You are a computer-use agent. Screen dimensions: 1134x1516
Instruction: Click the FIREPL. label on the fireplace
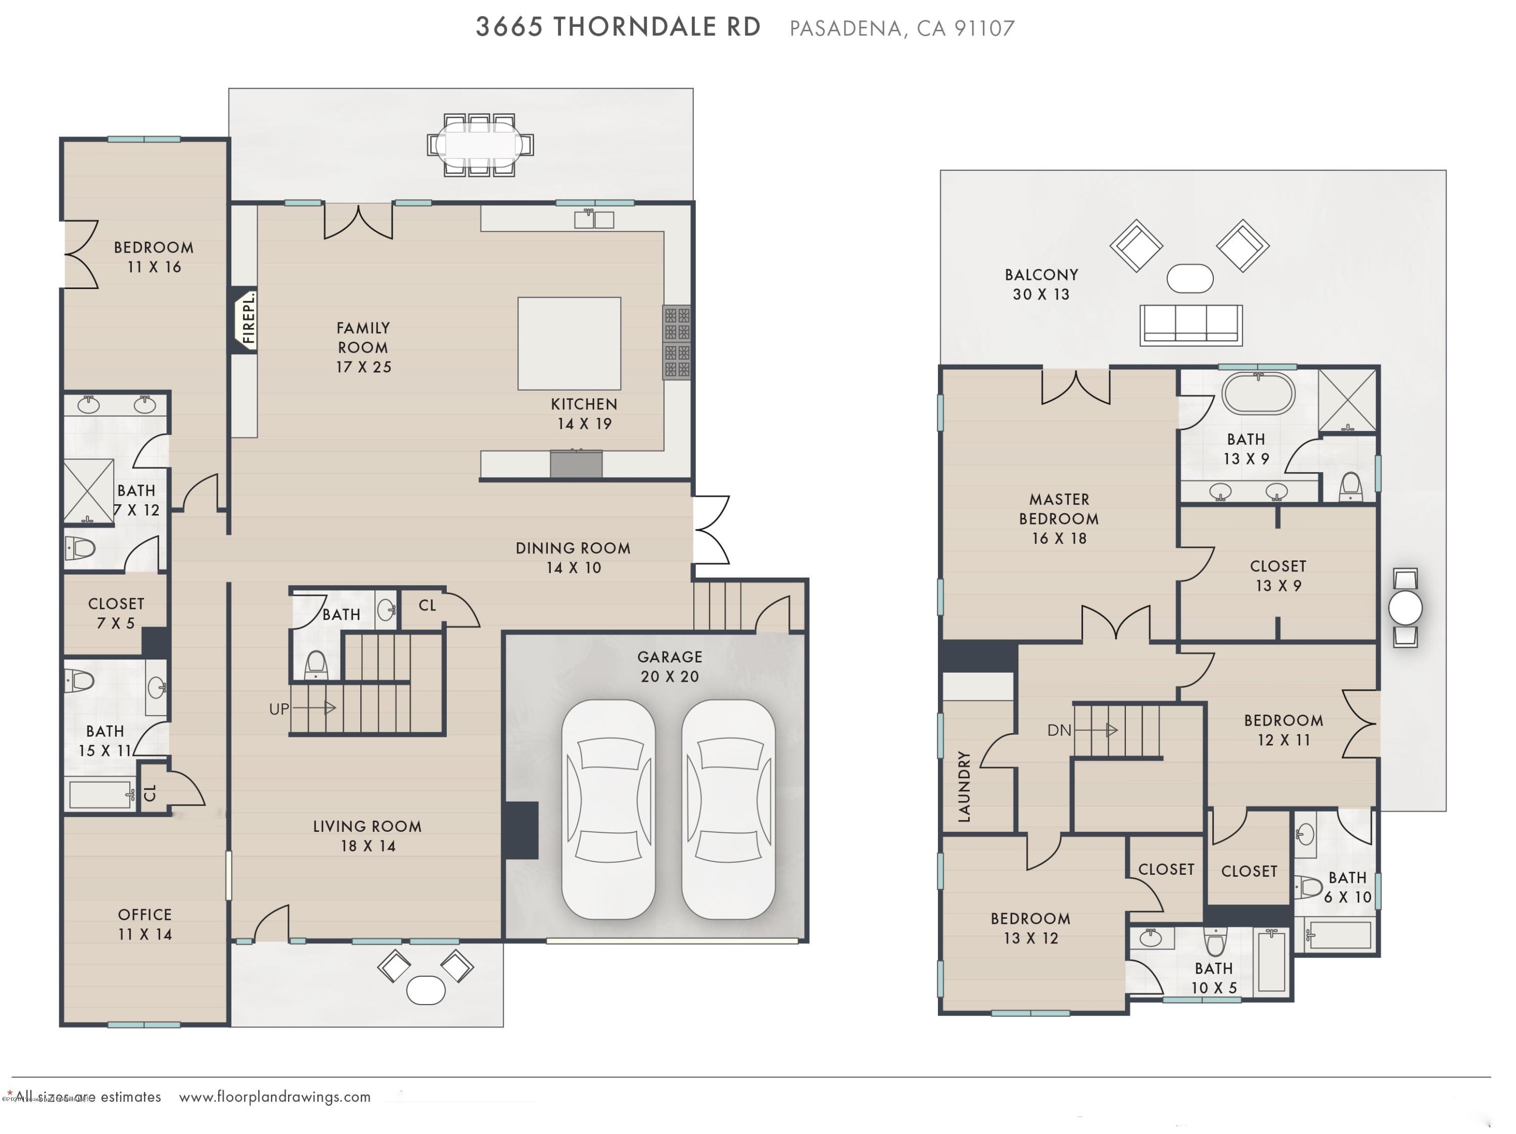click(248, 318)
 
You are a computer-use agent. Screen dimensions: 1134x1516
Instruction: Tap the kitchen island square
click(569, 343)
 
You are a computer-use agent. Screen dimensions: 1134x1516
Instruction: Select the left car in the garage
click(608, 809)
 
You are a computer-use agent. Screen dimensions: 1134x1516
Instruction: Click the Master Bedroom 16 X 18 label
click(1058, 518)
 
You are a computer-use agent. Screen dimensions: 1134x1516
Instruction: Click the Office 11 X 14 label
click(145, 924)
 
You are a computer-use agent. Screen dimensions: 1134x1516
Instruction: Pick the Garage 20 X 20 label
click(670, 667)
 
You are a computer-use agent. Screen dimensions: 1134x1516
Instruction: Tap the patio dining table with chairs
click(480, 145)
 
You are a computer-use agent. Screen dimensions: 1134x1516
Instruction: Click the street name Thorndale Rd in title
click(656, 27)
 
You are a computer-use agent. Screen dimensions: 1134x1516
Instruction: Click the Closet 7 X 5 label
click(116, 613)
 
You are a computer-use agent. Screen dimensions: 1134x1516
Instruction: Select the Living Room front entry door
click(271, 924)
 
